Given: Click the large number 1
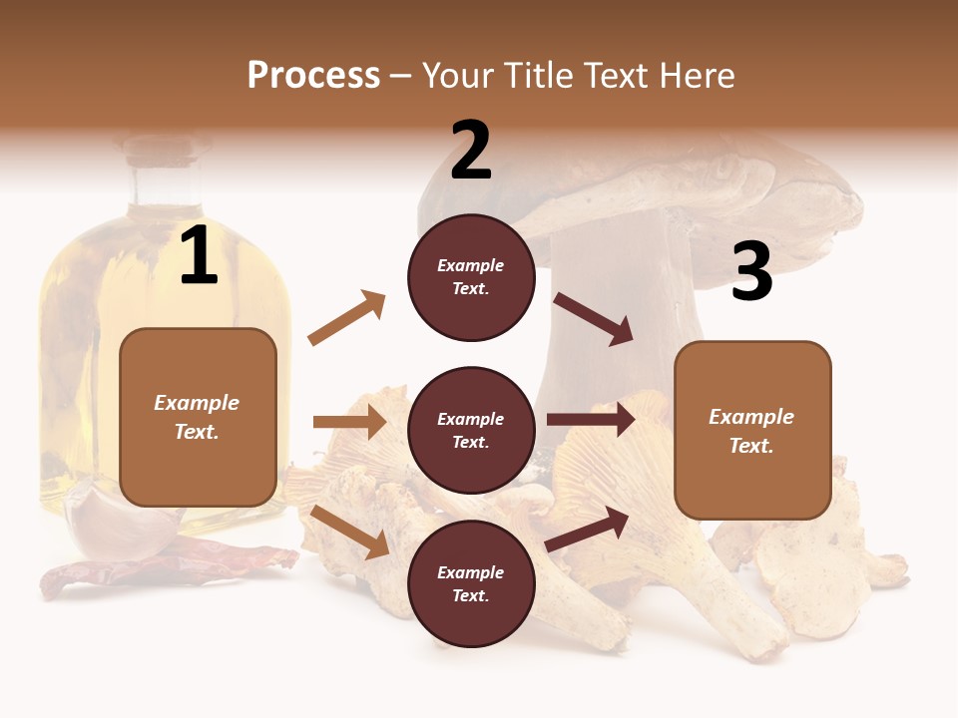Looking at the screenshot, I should click(x=199, y=256).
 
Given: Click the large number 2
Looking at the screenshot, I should click(x=471, y=151).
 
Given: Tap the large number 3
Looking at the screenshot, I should click(x=751, y=271).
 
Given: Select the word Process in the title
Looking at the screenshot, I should click(x=313, y=75).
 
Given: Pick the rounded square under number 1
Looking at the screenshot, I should click(x=198, y=417).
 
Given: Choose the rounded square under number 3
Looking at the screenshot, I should click(x=752, y=430).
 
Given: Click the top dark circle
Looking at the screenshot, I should click(x=471, y=277).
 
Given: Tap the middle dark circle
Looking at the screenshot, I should click(x=471, y=430).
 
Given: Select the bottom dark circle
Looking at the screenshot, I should click(x=471, y=583).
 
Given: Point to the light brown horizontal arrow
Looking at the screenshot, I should click(x=349, y=422).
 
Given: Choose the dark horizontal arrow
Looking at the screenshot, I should click(x=591, y=420).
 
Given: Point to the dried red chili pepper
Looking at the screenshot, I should click(x=150, y=568).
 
